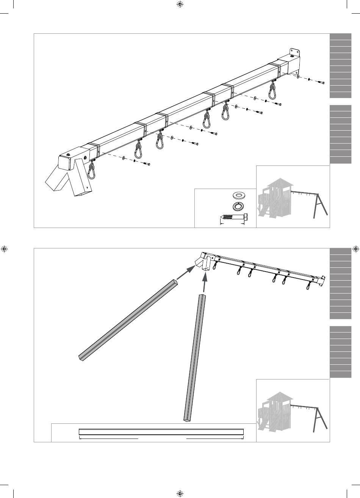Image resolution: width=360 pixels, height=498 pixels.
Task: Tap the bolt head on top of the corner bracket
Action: (x=68, y=155)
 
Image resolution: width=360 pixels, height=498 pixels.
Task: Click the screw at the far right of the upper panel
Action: (x=321, y=82)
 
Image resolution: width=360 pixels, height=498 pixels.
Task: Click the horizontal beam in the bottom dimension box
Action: (x=161, y=432)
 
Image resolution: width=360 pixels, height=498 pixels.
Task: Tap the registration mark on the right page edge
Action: (x=355, y=249)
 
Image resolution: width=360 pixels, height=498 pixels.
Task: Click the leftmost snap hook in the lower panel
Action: (x=215, y=266)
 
